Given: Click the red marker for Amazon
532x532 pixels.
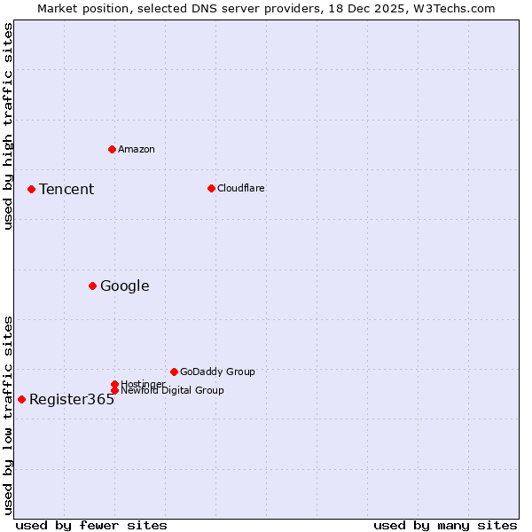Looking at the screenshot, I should (x=112, y=149).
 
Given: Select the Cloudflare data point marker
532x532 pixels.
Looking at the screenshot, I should (x=211, y=188).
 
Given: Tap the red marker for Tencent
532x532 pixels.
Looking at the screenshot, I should (x=31, y=189).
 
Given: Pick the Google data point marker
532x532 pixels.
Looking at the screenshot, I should (x=92, y=286).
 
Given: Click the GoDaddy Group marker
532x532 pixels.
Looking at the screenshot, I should (x=174, y=372).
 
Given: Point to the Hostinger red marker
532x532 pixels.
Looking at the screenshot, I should (x=114, y=384).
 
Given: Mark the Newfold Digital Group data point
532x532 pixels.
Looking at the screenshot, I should (x=114, y=391).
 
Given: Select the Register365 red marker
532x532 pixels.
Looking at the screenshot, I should (x=21, y=399).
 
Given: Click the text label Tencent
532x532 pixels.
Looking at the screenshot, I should (x=66, y=189).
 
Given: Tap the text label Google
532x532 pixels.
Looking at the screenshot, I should (x=124, y=286).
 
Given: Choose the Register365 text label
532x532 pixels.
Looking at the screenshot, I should (x=72, y=399).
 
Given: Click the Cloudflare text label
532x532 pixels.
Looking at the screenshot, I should (x=240, y=188).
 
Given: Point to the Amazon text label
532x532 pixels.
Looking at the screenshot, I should (x=136, y=149).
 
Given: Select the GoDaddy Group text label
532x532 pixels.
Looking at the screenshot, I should (x=217, y=372).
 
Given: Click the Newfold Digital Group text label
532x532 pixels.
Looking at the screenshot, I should (x=172, y=391).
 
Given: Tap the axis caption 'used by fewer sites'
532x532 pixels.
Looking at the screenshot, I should (x=91, y=525).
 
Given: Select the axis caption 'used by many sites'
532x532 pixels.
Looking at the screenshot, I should (x=445, y=525).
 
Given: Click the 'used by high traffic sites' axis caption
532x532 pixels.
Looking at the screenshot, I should (x=8, y=126).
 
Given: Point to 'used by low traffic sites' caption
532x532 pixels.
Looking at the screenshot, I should (x=8, y=415).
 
